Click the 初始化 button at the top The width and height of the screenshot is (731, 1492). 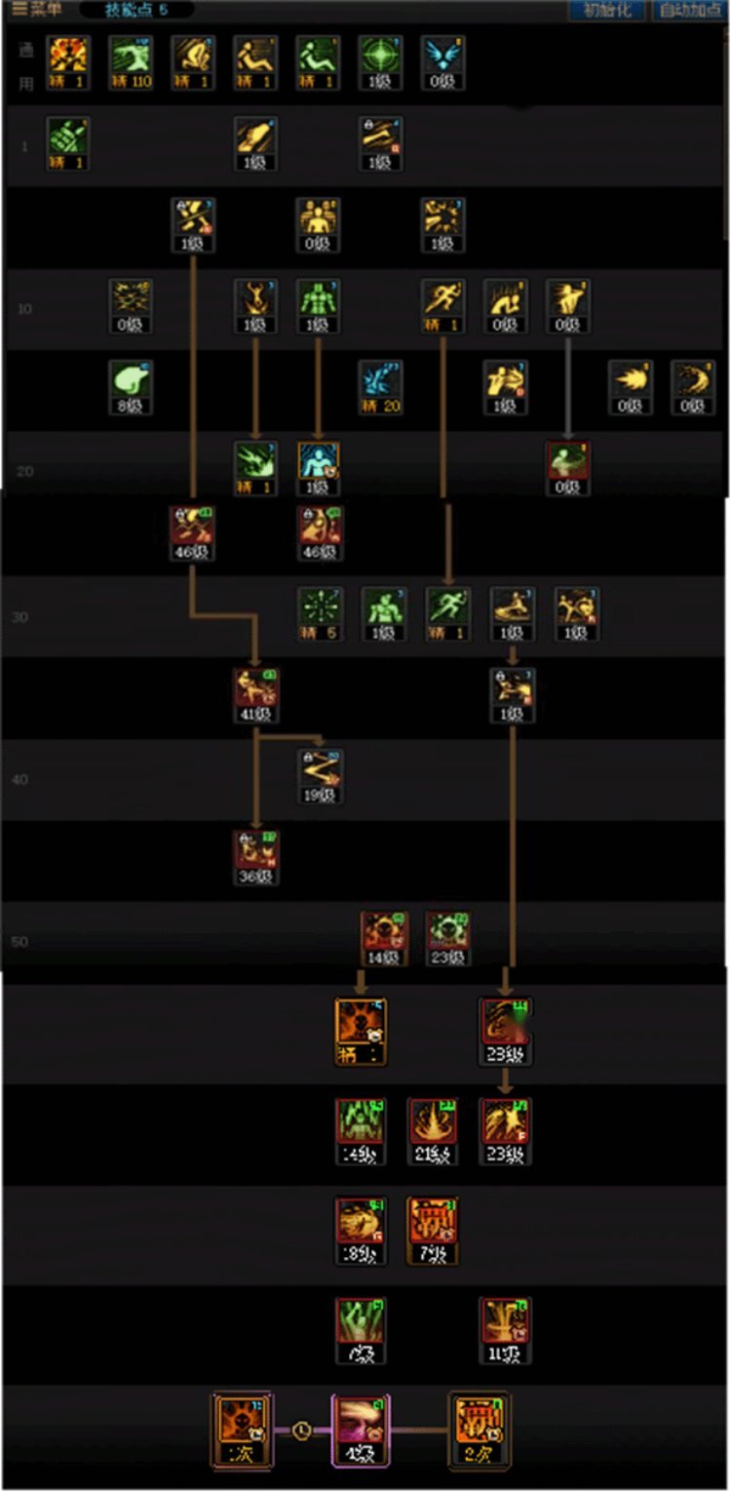[606, 11]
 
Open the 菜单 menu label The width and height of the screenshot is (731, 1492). [36, 10]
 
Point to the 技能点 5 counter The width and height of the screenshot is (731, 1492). [136, 10]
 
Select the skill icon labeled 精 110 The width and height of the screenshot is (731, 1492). [131, 60]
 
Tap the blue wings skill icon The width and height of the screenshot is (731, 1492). [443, 60]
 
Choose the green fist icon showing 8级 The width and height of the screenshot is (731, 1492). [131, 385]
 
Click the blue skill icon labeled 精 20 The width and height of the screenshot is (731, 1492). [380, 385]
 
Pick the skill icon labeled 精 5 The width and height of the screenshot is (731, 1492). [320, 612]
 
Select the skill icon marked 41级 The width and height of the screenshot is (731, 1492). [256, 692]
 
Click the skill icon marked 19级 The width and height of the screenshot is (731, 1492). [320, 774]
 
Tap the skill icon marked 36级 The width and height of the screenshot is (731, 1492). [256, 855]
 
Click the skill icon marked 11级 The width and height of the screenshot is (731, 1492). [505, 1328]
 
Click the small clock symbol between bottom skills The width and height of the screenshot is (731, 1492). [302, 1431]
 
